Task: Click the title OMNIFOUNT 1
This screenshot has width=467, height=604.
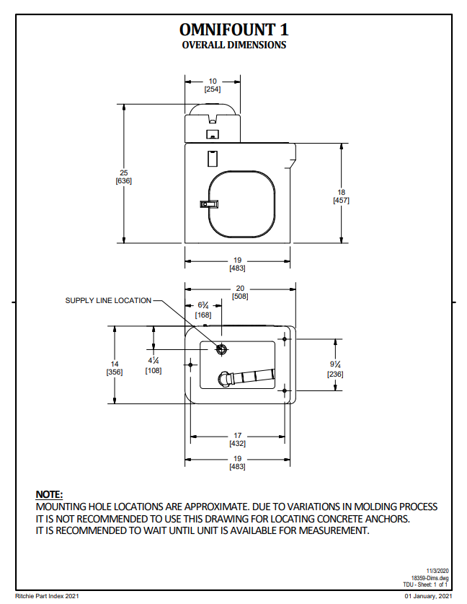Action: coord(234,30)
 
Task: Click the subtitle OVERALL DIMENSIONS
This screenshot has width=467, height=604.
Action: coord(234,45)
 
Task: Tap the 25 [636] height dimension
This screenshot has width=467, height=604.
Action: coord(123,177)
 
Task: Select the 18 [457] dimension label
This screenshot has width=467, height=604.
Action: coord(341,196)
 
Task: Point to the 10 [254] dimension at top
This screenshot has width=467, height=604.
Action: coord(213,85)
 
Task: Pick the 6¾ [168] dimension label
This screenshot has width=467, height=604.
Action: coord(203,310)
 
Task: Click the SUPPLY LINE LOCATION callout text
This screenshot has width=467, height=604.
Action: coord(108,300)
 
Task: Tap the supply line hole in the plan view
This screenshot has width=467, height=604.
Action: coord(222,349)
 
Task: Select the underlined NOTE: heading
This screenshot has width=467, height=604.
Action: coord(50,494)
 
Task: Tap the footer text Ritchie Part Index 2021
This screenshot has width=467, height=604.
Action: coord(46,596)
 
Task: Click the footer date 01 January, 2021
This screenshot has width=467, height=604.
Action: coord(428,596)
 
